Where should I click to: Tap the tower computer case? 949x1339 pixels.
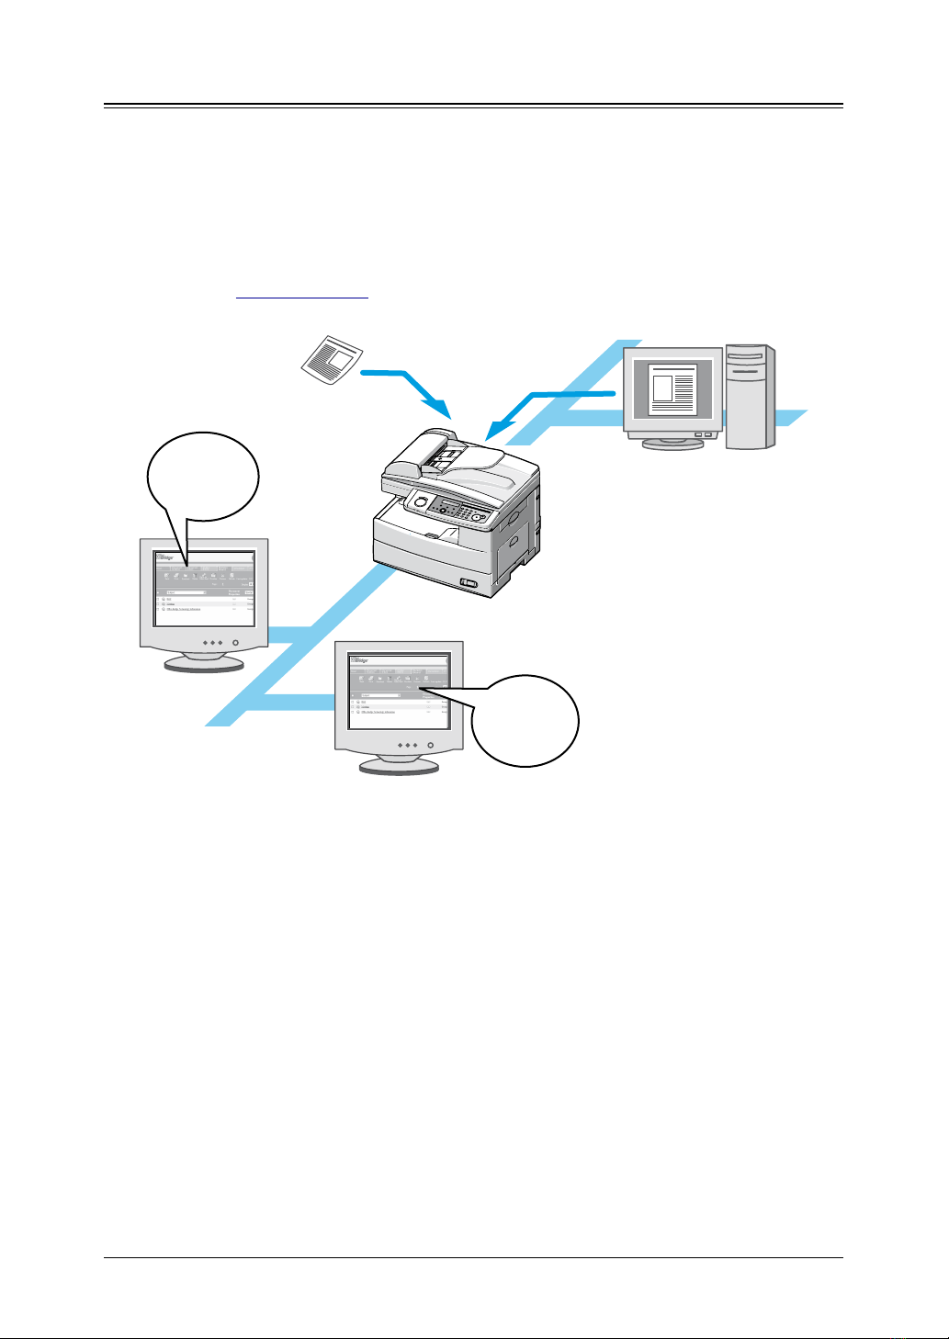pos(750,397)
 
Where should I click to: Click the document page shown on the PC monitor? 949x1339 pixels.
pos(672,389)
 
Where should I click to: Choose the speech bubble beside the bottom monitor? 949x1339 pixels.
pos(525,720)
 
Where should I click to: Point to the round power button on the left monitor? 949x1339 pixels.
pos(236,643)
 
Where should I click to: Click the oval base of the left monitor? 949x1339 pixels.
pos(203,663)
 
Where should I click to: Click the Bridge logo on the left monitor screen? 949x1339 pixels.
pos(165,557)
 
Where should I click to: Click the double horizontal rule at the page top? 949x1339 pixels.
pos(473,106)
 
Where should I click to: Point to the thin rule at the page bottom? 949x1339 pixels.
pos(473,1257)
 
